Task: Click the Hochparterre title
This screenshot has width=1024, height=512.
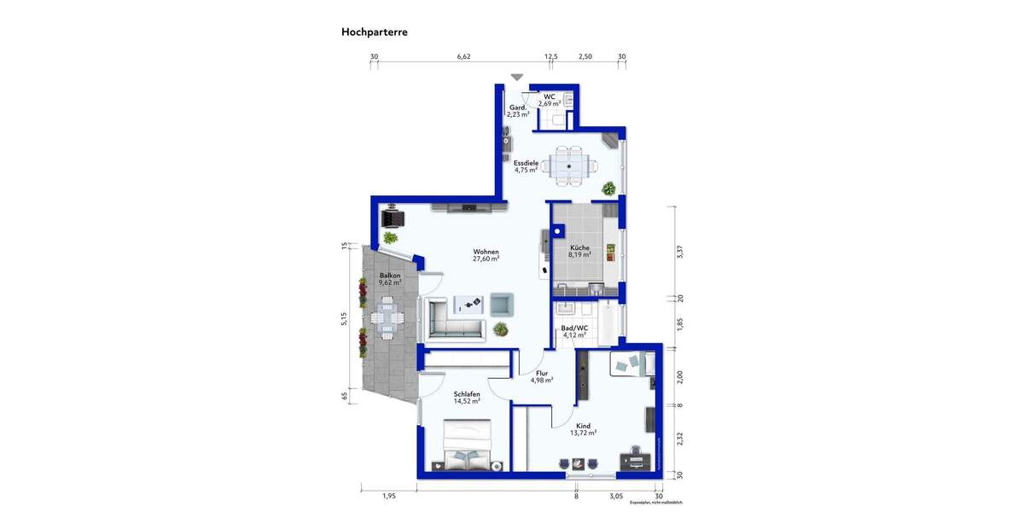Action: point(374,32)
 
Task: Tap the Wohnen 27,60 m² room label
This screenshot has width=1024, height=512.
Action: point(486,255)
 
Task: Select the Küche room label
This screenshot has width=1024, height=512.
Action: point(579,251)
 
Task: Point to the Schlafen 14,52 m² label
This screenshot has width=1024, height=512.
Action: point(467,398)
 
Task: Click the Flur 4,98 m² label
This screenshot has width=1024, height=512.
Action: point(541,376)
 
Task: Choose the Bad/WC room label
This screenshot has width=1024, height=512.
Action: point(574,331)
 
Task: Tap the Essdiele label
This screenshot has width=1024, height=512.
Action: point(526,166)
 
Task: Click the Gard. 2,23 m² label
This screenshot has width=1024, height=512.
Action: point(517,111)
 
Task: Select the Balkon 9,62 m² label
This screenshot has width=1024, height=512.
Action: point(391,280)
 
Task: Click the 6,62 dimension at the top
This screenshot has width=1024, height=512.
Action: point(463,57)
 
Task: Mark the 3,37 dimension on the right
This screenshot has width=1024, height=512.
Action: point(680,252)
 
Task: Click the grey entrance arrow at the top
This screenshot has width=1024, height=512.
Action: point(517,77)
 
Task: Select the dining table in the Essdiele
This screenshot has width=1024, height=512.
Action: point(567,164)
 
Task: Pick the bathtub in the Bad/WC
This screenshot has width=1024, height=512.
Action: point(608,323)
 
